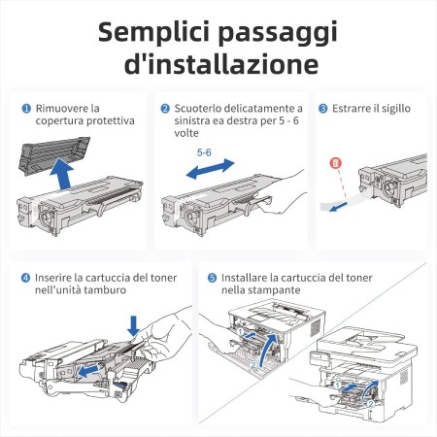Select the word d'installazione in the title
pyautogui.click(x=218, y=64)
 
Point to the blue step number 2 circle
pyautogui.click(x=165, y=108)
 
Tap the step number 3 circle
pyautogui.click(x=323, y=108)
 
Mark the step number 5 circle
pyautogui.click(x=212, y=277)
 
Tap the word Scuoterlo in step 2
pyautogui.click(x=201, y=108)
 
